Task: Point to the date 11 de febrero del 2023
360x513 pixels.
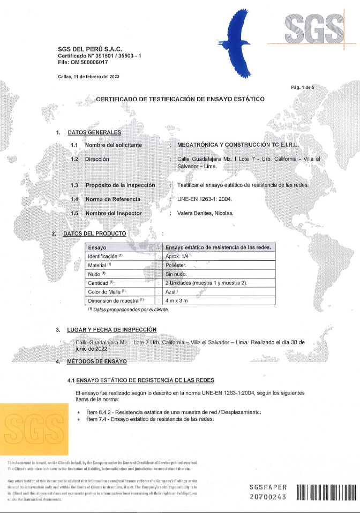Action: [x=88, y=77]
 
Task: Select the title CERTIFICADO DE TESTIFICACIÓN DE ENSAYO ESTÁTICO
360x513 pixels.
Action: [x=179, y=100]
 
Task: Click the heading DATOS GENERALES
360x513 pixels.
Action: [x=94, y=132]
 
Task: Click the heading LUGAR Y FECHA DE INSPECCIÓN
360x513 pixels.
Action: [x=112, y=329]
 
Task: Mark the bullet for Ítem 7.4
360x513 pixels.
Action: [x=79, y=419]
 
